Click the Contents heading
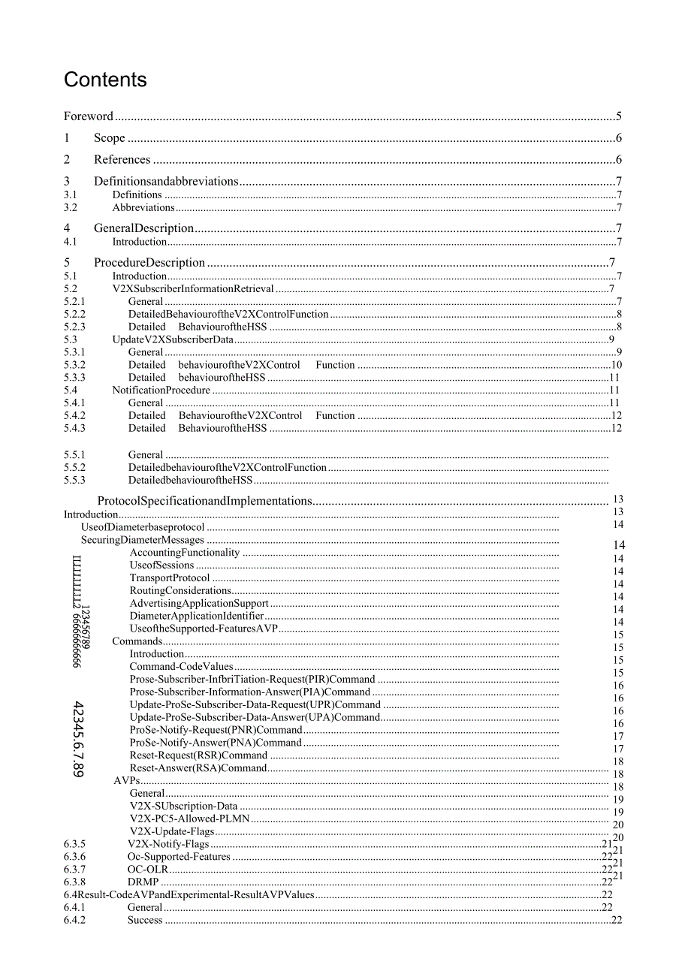click(x=105, y=80)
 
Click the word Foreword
click(x=88, y=116)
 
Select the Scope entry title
click(x=110, y=138)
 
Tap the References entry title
click(x=122, y=160)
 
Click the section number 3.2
click(x=71, y=208)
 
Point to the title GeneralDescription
click(x=143, y=228)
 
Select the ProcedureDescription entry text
click(x=149, y=263)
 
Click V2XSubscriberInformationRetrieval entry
click(x=193, y=289)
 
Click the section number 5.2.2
click(x=74, y=315)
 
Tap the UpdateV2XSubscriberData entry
click(x=173, y=339)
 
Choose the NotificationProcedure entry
click(x=161, y=390)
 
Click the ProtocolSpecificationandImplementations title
click(x=204, y=501)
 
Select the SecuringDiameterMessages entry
click(x=143, y=540)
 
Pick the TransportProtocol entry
click(x=170, y=578)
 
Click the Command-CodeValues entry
click(x=181, y=667)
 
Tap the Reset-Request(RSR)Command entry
click(x=198, y=755)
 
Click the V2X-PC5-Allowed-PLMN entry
click(x=189, y=819)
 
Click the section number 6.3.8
click(x=74, y=882)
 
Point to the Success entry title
click(x=145, y=921)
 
